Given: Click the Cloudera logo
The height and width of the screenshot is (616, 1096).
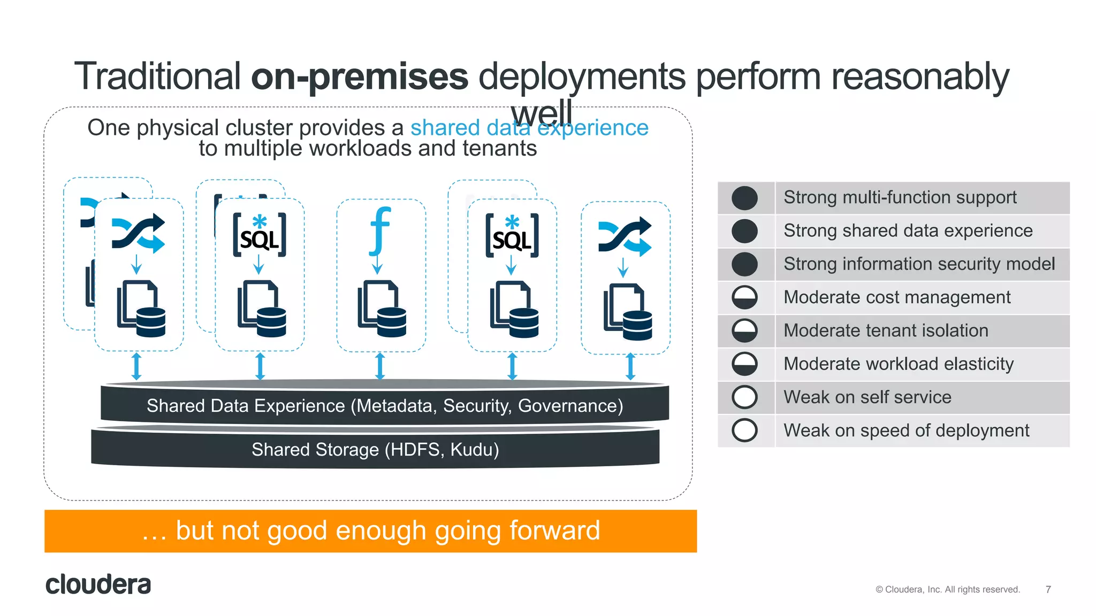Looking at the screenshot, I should (98, 584).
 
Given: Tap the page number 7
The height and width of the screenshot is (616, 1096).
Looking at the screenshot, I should (1048, 589).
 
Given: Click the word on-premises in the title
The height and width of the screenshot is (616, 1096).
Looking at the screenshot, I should (359, 76).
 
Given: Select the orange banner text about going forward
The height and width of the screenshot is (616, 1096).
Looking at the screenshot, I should (371, 531).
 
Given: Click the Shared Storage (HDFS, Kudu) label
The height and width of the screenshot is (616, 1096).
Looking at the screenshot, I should (375, 450).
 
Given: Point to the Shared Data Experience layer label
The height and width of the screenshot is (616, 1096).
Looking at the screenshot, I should (385, 406).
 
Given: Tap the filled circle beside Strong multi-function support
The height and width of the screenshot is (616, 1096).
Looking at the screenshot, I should (744, 198).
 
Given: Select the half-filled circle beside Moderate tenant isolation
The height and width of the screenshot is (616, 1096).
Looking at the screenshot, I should (744, 331).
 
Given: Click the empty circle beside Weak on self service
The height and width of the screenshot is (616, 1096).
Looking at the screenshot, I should (744, 397).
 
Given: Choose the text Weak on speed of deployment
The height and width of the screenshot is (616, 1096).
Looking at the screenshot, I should (906, 430).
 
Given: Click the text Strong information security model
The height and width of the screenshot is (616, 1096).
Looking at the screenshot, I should (919, 264).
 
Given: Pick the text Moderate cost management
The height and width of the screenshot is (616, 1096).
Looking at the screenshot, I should (897, 297).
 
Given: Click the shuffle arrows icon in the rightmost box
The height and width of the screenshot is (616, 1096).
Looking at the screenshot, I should (625, 236).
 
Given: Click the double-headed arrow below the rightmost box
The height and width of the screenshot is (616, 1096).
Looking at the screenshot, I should (630, 367).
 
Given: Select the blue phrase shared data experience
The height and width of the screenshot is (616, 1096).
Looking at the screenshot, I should (529, 128).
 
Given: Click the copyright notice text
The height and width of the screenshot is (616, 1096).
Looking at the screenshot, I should (947, 589).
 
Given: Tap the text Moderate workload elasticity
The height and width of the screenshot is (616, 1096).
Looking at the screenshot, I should (899, 364).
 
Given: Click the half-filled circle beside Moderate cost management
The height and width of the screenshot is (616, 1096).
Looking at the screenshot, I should (744, 297).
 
